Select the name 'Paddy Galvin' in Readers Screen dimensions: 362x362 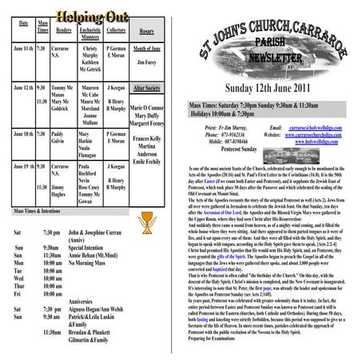[58, 139]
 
